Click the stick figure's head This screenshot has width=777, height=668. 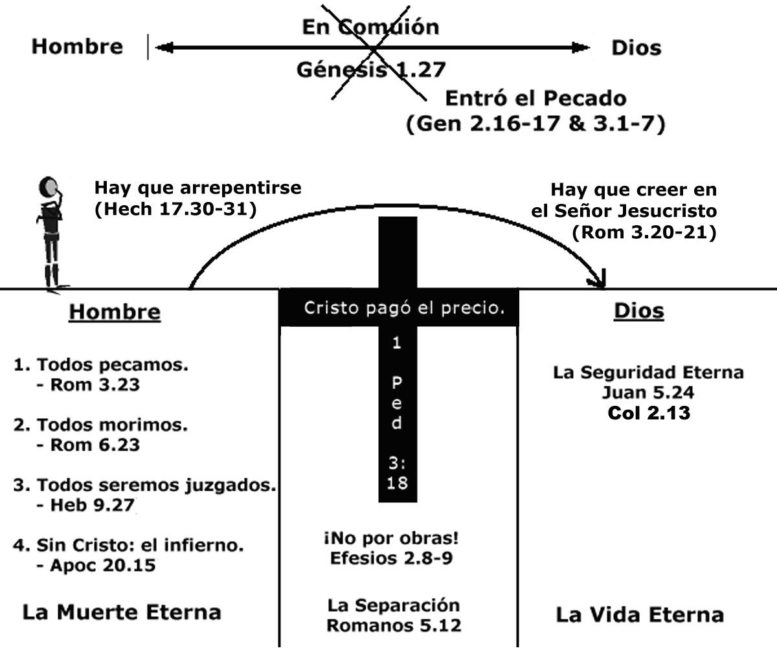[x=47, y=188]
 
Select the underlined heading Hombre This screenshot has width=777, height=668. [x=115, y=312]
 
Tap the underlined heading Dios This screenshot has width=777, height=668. [x=638, y=311]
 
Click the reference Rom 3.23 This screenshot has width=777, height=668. [x=95, y=385]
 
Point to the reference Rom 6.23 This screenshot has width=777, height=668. [x=95, y=445]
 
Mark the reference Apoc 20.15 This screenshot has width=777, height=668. [x=102, y=565]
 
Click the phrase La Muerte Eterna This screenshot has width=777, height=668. [x=122, y=612]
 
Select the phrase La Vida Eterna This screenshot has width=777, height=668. [x=639, y=614]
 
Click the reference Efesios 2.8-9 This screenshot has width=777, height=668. [x=391, y=558]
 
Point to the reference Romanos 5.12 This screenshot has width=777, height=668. [x=394, y=626]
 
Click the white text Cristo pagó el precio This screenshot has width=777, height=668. [x=404, y=308]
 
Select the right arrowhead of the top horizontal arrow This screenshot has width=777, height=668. [x=581, y=47]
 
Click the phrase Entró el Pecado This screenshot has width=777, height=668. [x=535, y=99]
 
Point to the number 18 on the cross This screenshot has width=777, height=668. [x=397, y=482]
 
